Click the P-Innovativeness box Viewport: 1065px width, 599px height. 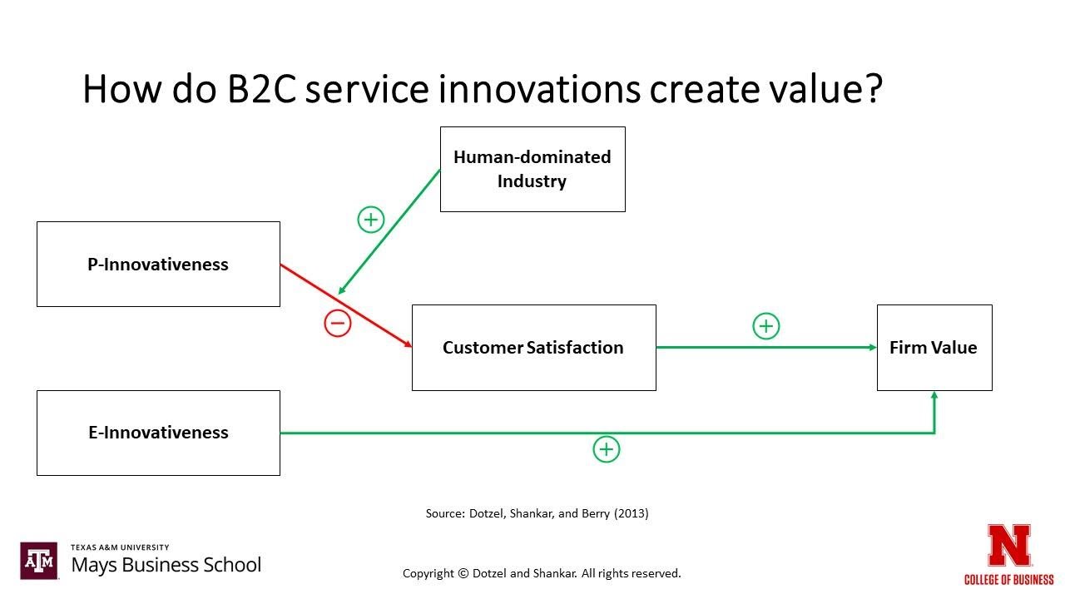point(158,264)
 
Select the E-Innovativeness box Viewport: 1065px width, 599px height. point(158,433)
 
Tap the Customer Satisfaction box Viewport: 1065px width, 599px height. point(533,348)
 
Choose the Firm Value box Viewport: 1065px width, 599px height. point(934,348)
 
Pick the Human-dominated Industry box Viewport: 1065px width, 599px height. point(532,169)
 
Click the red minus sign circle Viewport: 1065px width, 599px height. point(338,324)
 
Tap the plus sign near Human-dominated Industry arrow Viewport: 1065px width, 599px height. point(370,220)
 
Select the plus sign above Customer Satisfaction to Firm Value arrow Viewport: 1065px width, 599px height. point(766,326)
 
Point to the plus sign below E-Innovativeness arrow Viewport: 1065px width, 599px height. point(607,450)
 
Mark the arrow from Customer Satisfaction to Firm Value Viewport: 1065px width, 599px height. point(765,348)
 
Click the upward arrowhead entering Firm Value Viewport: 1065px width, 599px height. point(934,398)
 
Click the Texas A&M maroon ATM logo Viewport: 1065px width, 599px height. point(39,561)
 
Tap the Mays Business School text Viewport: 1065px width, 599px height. point(166,565)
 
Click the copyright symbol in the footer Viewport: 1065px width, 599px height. point(462,573)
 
